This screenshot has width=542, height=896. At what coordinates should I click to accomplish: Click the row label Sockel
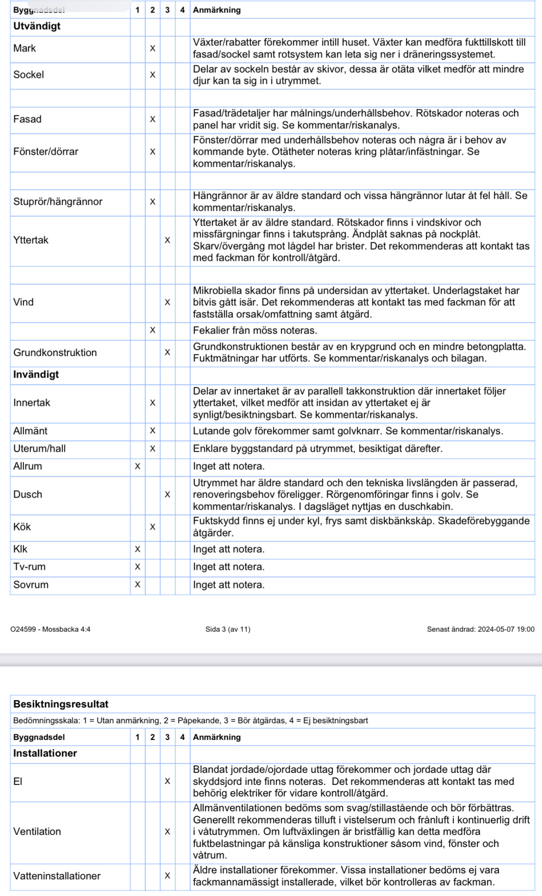pyautogui.click(x=29, y=75)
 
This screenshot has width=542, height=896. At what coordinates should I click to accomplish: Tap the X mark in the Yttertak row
pyautogui.click(x=167, y=240)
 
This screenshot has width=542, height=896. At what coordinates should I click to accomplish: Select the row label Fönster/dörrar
pyautogui.click(x=46, y=151)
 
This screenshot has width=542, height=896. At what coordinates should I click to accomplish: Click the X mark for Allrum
pyautogui.click(x=138, y=467)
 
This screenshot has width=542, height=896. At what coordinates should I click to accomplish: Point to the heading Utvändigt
pyautogui.click(x=37, y=26)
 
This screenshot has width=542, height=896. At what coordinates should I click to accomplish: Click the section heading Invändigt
pyautogui.click(x=36, y=374)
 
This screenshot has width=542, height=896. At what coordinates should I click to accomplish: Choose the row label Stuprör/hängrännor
pyautogui.click(x=58, y=202)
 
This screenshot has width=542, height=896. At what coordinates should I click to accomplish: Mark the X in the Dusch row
pyautogui.click(x=167, y=494)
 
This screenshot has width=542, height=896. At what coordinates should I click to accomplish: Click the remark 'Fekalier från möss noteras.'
pyautogui.click(x=255, y=330)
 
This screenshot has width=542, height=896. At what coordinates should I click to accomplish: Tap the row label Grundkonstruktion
pyautogui.click(x=55, y=353)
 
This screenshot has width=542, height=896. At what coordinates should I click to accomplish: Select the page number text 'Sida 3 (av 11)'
pyautogui.click(x=228, y=629)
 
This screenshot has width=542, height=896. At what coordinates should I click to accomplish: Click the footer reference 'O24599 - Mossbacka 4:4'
pyautogui.click(x=50, y=629)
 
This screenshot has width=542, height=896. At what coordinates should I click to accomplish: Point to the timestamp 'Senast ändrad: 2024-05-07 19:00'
pyautogui.click(x=480, y=629)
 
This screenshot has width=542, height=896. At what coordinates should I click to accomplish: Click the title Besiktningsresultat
pyautogui.click(x=61, y=704)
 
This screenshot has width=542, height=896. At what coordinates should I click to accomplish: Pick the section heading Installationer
pyautogui.click(x=45, y=753)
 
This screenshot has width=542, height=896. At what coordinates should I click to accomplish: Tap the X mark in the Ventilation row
pyautogui.click(x=167, y=832)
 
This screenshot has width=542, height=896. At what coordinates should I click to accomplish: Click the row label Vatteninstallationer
pyautogui.click(x=57, y=876)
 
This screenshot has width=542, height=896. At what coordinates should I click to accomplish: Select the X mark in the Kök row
pyautogui.click(x=152, y=527)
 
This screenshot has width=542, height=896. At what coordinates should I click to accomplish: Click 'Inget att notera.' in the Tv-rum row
pyautogui.click(x=229, y=567)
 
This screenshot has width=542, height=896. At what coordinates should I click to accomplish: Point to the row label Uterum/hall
pyautogui.click(x=39, y=448)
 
